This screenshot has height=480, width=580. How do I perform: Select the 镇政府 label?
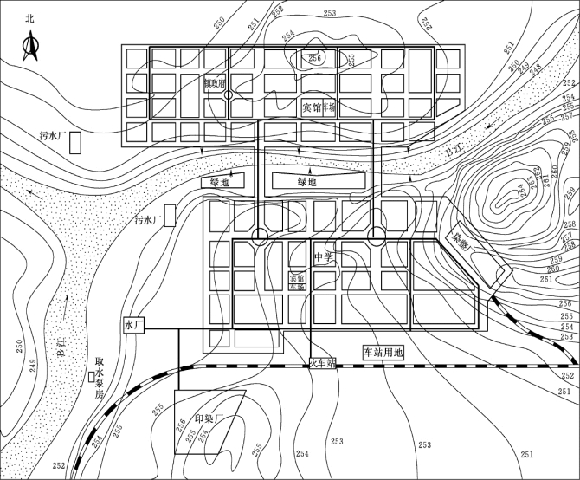point(214,84)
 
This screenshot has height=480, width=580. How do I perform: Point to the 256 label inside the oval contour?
point(315,58)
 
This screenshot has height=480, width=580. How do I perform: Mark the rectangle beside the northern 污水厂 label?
point(76,142)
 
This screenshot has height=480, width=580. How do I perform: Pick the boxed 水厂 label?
point(133,326)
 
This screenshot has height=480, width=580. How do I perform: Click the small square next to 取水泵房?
point(91,377)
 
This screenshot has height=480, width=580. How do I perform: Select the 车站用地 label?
point(383,353)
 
